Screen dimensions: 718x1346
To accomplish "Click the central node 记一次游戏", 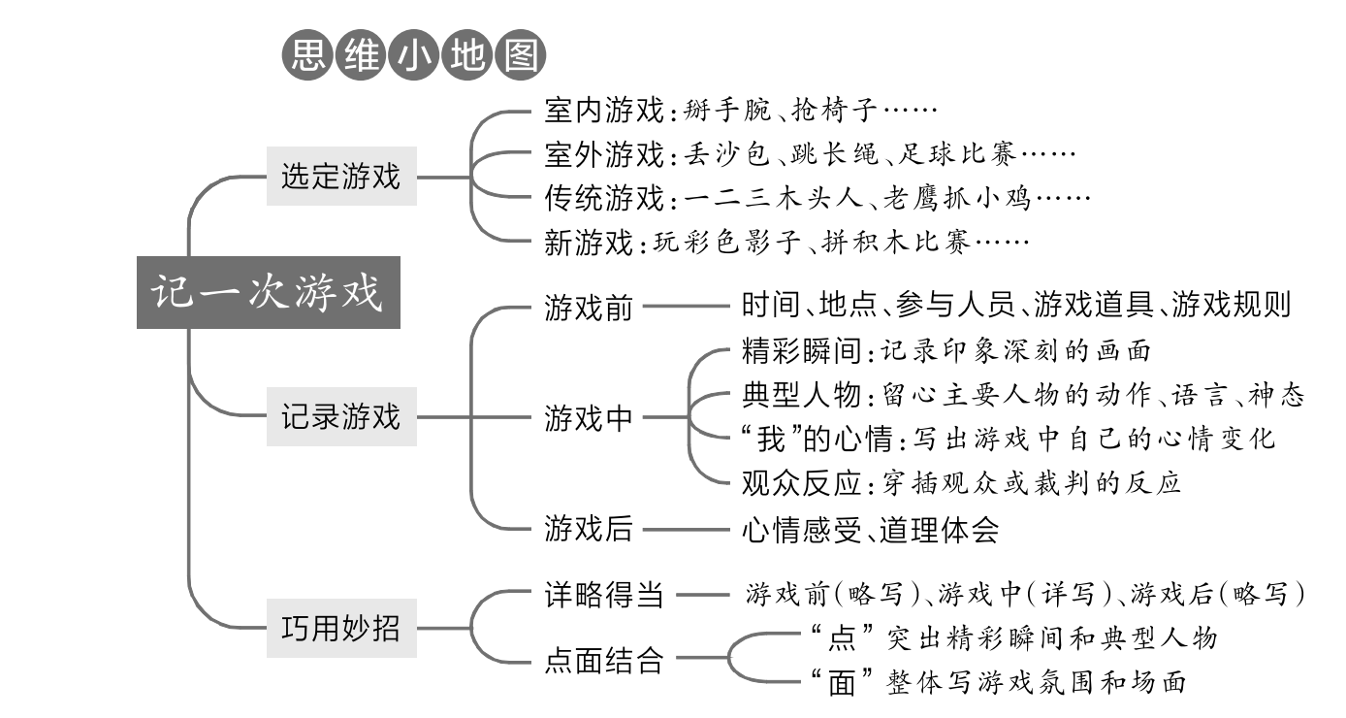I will (x=268, y=293).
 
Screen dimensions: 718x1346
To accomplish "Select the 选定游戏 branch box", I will (x=341, y=178).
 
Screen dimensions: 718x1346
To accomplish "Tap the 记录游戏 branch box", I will (x=341, y=418).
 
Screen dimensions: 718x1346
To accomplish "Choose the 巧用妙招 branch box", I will (x=341, y=628).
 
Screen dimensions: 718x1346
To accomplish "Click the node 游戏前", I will (x=589, y=308).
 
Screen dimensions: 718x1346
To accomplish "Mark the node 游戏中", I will (x=589, y=419).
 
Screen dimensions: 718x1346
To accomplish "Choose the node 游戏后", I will (x=589, y=530).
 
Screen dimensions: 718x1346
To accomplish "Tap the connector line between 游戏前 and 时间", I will (x=686, y=308).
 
